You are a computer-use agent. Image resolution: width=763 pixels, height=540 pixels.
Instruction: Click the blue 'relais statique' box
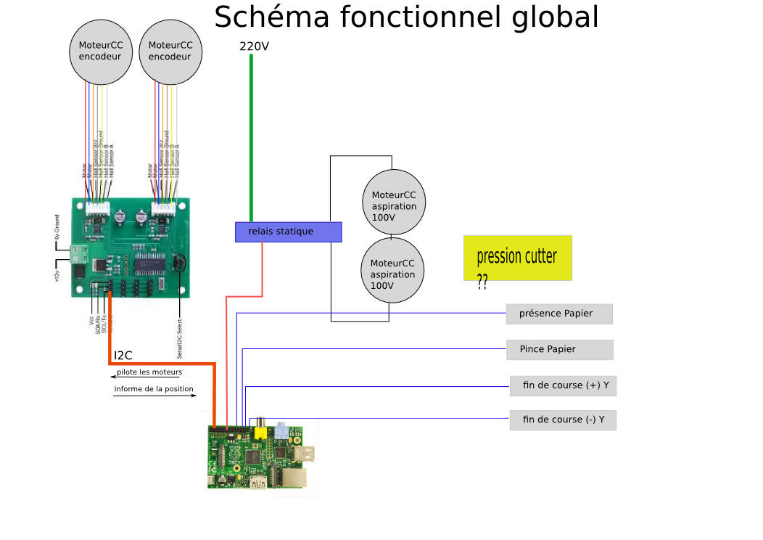point(288,232)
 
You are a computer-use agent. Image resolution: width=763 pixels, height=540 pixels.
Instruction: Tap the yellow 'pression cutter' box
point(518,258)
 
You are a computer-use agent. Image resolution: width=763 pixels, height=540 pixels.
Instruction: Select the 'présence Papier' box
point(559,314)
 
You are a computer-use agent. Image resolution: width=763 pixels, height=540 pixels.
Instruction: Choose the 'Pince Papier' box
point(559,349)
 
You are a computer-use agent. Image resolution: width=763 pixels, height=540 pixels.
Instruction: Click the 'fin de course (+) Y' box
point(563,385)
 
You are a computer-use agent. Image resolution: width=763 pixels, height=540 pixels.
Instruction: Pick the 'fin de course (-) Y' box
point(563,420)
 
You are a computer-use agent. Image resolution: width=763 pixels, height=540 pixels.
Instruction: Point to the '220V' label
point(254,46)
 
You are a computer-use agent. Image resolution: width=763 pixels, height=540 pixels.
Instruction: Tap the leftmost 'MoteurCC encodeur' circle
point(101,51)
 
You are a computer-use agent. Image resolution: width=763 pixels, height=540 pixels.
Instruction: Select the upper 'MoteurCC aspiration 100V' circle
point(394,202)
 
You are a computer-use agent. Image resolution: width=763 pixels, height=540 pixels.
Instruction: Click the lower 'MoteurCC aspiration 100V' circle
point(392,270)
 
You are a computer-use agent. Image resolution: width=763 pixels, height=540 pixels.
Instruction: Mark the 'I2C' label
point(123,356)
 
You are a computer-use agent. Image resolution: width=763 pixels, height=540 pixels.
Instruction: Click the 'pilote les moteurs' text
point(149,372)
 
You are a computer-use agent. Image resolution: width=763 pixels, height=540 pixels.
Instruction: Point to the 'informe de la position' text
point(154,390)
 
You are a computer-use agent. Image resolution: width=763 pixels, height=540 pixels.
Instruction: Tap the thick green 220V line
point(251,138)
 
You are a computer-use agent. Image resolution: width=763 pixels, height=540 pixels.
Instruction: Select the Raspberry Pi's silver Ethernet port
point(294,477)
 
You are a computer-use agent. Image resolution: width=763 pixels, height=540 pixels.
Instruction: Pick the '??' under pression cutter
point(482,282)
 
